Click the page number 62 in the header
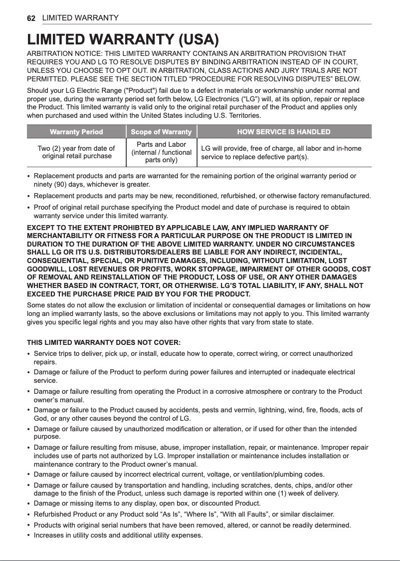click(31, 18)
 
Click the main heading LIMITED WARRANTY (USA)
click(123, 39)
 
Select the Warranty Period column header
click(76, 132)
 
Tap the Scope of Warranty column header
click(161, 132)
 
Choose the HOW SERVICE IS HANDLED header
click(284, 132)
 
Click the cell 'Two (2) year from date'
click(76, 152)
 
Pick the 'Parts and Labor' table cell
click(161, 152)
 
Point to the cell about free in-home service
click(281, 153)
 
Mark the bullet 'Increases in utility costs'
click(118, 536)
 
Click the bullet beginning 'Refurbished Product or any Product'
click(184, 514)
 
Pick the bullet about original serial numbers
click(192, 525)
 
